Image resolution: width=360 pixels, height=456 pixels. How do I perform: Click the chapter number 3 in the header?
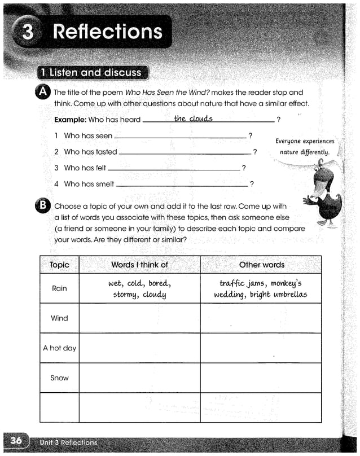27,32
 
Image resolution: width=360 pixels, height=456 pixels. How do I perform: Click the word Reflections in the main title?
107,32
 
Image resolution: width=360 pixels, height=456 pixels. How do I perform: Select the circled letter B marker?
43,207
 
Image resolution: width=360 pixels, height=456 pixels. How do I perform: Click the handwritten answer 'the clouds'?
193,119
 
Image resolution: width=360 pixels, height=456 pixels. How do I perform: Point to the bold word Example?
70,120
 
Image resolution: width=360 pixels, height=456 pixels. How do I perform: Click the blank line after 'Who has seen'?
180,137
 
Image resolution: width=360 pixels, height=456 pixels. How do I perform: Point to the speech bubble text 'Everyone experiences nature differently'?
305,147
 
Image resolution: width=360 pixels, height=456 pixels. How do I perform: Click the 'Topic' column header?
59,265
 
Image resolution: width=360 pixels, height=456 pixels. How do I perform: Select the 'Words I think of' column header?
139,265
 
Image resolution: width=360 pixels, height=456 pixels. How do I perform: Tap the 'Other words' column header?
261,265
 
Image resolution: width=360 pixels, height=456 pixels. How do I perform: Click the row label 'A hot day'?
59,348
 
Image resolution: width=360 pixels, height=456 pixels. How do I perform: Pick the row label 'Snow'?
59,378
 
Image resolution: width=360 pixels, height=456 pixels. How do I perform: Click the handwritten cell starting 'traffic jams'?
261,289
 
